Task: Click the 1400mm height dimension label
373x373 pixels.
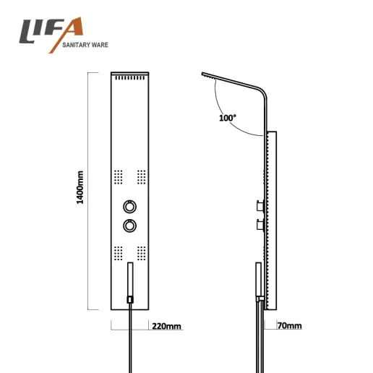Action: pyautogui.click(x=80, y=187)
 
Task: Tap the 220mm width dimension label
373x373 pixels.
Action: pyautogui.click(x=166, y=326)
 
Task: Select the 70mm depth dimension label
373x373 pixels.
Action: pyautogui.click(x=289, y=325)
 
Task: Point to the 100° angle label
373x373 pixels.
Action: pyautogui.click(x=228, y=118)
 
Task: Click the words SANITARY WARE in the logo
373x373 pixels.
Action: pyautogui.click(x=85, y=45)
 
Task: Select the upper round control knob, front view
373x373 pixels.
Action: pyautogui.click(x=129, y=207)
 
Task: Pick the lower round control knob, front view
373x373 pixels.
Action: pyautogui.click(x=129, y=226)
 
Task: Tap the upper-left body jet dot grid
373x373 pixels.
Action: pyautogui.click(x=118, y=177)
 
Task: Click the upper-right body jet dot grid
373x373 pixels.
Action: pyautogui.click(x=142, y=177)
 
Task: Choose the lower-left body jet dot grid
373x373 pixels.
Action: pyautogui.click(x=118, y=253)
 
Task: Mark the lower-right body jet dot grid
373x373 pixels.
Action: pyautogui.click(x=142, y=253)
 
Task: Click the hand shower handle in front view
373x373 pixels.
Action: pyautogui.click(x=130, y=280)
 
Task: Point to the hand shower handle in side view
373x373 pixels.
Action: pyautogui.click(x=259, y=280)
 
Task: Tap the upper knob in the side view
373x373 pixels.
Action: pyautogui.click(x=261, y=206)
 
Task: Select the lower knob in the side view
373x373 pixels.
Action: pyautogui.click(x=261, y=226)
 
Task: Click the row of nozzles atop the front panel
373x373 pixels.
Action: pyautogui.click(x=130, y=78)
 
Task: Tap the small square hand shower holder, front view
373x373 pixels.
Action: pyautogui.click(x=130, y=300)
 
